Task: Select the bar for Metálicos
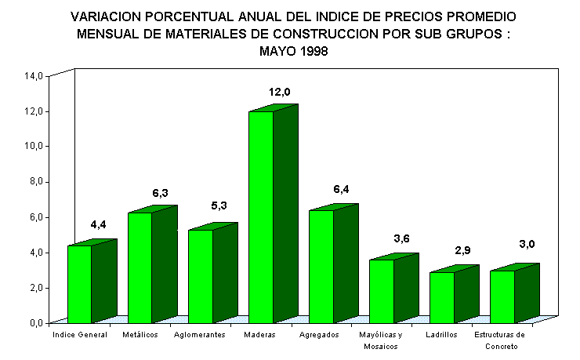pos(140,267)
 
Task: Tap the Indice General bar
pos(79,284)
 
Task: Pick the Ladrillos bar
pos(441,297)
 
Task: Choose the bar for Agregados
pos(321,266)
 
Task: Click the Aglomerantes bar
pos(200,276)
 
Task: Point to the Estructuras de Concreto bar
pos(502,296)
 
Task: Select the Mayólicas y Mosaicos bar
pos(381,291)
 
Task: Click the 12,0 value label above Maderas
pos(280,92)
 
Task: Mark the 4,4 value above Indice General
pos(98,224)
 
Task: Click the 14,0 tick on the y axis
pos(34,76)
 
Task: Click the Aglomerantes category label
pos(200,335)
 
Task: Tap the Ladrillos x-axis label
pos(441,335)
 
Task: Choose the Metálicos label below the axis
pos(140,335)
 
